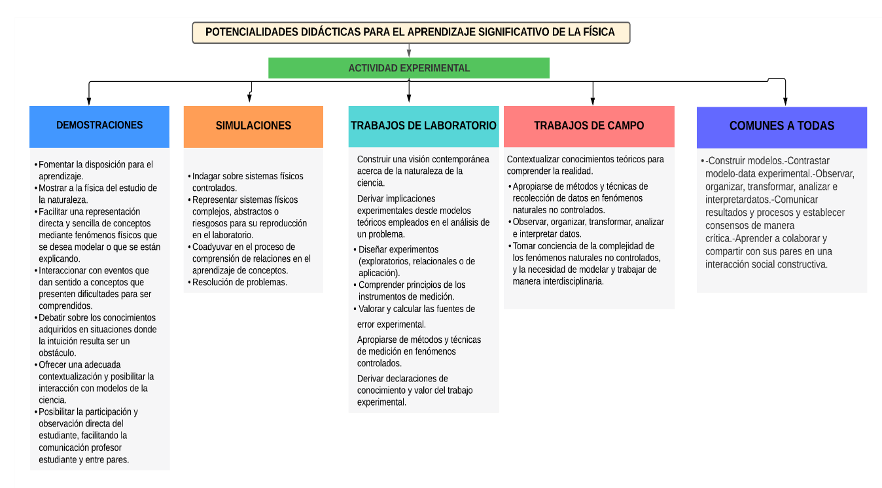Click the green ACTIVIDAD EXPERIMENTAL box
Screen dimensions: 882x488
(x=409, y=68)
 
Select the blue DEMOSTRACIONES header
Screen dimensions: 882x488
(x=99, y=127)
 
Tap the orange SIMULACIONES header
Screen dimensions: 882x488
(x=253, y=127)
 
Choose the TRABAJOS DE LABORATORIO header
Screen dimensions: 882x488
(x=423, y=126)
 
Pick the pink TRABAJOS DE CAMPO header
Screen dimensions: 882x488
(x=589, y=126)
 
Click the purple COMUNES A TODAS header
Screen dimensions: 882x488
(x=782, y=128)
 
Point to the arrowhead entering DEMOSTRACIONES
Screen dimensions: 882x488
(x=89, y=101)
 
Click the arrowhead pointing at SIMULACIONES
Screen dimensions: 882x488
(x=249, y=97)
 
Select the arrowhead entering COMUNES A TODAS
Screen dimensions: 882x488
(x=785, y=101)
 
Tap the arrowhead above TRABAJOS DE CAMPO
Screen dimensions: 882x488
(x=593, y=101)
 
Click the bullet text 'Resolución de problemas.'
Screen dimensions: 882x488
(x=239, y=282)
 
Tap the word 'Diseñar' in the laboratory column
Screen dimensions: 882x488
(x=373, y=249)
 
